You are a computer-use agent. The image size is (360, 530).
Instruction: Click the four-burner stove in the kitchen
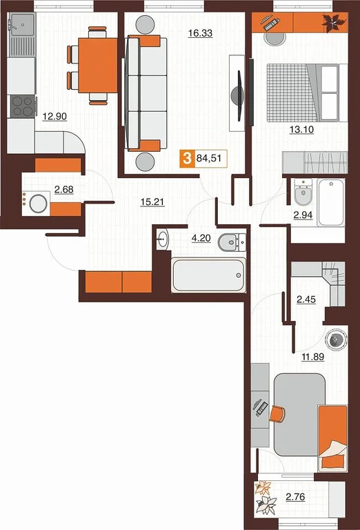click(22, 106)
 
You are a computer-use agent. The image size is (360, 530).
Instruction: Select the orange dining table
click(97, 64)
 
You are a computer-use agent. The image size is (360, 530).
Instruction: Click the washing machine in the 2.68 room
click(36, 204)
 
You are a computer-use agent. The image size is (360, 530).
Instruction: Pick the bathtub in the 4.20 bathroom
click(208, 275)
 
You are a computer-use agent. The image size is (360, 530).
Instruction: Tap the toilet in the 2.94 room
click(301, 194)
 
